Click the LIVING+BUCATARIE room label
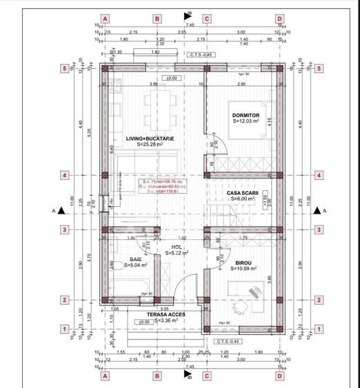tap(150, 139)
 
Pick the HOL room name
tap(177, 246)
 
